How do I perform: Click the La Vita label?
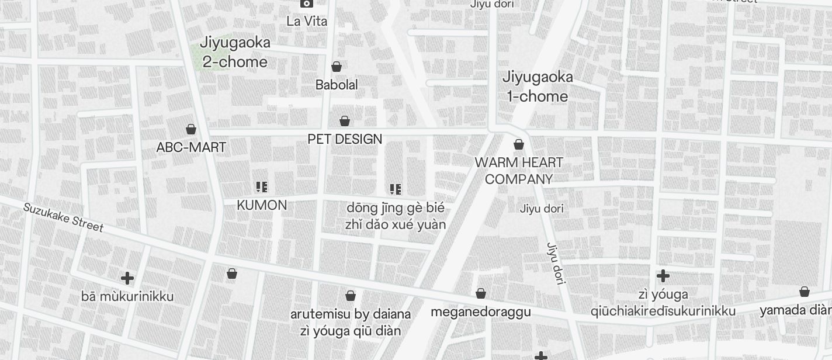point(307,21)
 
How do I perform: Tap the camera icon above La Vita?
point(306,4)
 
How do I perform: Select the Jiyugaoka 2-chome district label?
point(235,52)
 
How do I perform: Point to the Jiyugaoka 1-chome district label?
point(538,86)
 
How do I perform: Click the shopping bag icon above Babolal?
point(337,67)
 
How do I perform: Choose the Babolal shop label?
point(337,85)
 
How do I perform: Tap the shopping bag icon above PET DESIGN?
point(345,121)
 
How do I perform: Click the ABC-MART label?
point(191,147)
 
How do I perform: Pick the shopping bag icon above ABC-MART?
point(191,129)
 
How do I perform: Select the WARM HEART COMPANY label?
point(519,171)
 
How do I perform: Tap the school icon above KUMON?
point(262,187)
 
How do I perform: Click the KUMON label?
point(262,205)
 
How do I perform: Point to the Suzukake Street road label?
point(63,217)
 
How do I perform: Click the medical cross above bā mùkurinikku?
point(127,278)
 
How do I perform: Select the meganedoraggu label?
point(481,311)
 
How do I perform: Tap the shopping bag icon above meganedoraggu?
point(481,293)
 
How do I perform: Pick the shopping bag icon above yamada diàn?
point(805,292)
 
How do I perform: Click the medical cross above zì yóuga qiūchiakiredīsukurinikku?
point(663,275)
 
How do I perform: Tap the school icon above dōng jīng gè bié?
point(396,189)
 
